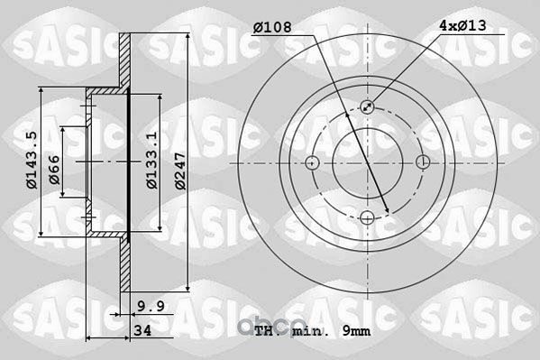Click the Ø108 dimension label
tap(272, 27)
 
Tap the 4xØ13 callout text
tap(462, 25)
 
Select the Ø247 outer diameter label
tap(180, 171)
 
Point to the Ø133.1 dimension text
tap(151, 160)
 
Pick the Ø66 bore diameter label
tap(54, 170)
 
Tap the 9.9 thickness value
tap(151, 306)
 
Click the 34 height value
tap(142, 331)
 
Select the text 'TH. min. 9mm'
tap(312, 331)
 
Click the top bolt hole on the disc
tap(368, 106)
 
